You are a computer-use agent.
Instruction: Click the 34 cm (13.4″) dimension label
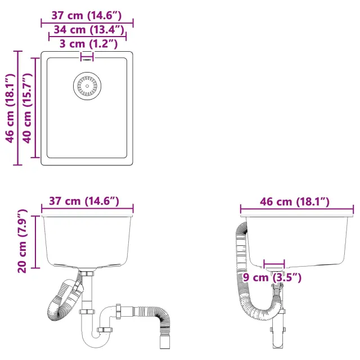point(89,30)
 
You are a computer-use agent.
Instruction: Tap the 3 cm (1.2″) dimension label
point(89,44)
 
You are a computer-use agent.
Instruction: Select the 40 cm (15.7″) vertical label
point(27,108)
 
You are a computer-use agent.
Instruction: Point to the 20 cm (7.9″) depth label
point(22,241)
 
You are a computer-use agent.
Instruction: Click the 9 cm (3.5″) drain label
point(272,277)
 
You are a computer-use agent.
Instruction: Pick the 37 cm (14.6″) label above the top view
point(86,16)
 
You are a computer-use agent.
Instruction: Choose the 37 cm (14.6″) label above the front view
point(84,201)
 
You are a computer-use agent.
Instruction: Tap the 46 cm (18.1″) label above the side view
point(295,202)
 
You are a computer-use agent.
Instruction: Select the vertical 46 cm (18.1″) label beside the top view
point(10,108)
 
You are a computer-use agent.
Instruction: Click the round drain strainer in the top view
point(87,86)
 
